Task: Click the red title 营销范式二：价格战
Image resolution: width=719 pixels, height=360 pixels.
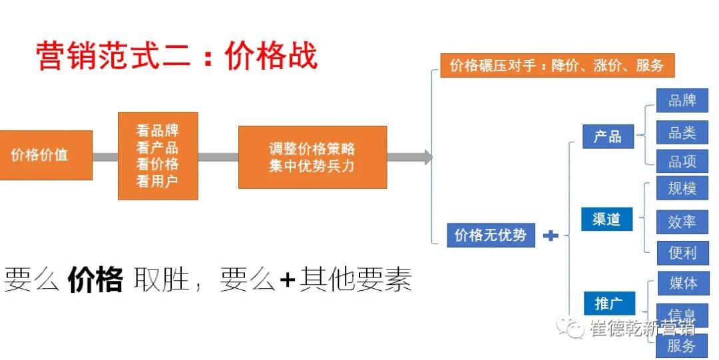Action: click(x=176, y=56)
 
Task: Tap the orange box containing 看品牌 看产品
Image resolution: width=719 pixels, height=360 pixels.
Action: click(x=158, y=156)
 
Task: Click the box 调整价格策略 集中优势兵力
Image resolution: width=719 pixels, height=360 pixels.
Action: click(x=312, y=157)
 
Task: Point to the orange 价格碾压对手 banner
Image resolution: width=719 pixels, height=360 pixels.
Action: click(x=557, y=66)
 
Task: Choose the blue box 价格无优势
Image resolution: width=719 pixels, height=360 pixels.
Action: click(x=491, y=235)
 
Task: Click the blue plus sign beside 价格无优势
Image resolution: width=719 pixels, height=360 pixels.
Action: click(x=551, y=236)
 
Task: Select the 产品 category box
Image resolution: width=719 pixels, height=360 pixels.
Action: click(x=607, y=136)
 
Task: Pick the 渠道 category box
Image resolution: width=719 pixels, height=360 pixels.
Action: click(x=606, y=219)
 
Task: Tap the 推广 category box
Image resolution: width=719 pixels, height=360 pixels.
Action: click(x=606, y=303)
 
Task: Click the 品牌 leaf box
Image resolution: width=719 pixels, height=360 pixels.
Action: click(x=682, y=100)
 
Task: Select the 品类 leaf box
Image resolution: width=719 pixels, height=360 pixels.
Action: click(x=682, y=132)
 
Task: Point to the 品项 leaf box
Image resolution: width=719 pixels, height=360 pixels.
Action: click(x=682, y=162)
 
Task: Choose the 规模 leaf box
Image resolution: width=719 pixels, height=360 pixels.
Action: click(x=682, y=189)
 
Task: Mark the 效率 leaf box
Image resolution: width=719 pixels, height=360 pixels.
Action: click(x=682, y=222)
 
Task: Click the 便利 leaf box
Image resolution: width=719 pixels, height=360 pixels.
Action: click(x=682, y=253)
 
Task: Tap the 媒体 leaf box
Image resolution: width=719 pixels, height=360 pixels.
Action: click(x=682, y=283)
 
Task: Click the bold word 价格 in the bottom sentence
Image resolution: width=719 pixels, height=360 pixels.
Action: click(x=95, y=280)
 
